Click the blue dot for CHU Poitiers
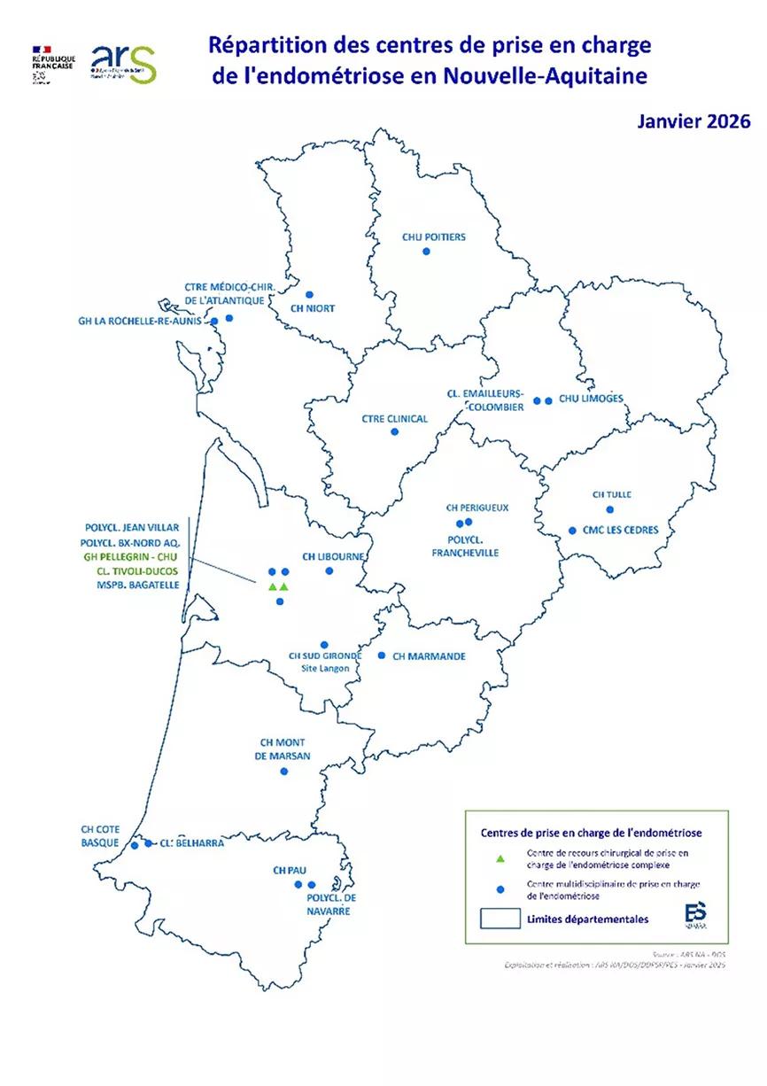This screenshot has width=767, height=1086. click(x=426, y=252)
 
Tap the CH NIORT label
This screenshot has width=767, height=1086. click(x=312, y=309)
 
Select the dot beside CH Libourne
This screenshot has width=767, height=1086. click(x=329, y=572)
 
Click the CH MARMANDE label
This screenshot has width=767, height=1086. click(x=428, y=656)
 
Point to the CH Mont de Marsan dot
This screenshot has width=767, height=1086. click(x=284, y=772)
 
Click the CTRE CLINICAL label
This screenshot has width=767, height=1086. click(x=395, y=419)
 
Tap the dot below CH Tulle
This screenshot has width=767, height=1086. click(x=609, y=509)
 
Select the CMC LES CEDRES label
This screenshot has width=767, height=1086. click(x=620, y=531)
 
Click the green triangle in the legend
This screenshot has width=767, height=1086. click(x=500, y=857)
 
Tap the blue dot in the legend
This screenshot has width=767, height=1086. click(x=500, y=888)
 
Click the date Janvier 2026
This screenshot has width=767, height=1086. click(x=693, y=121)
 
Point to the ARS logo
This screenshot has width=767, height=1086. click(x=124, y=63)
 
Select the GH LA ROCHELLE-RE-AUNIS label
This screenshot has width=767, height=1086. click(x=142, y=321)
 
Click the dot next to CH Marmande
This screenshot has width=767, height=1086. click(x=382, y=655)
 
